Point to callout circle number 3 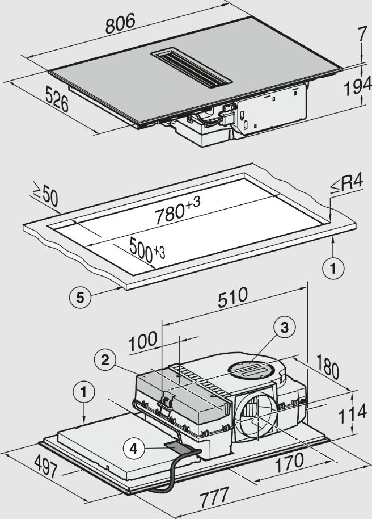pyautogui.click(x=285, y=327)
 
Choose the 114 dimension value pyautogui.click(x=352, y=414)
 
